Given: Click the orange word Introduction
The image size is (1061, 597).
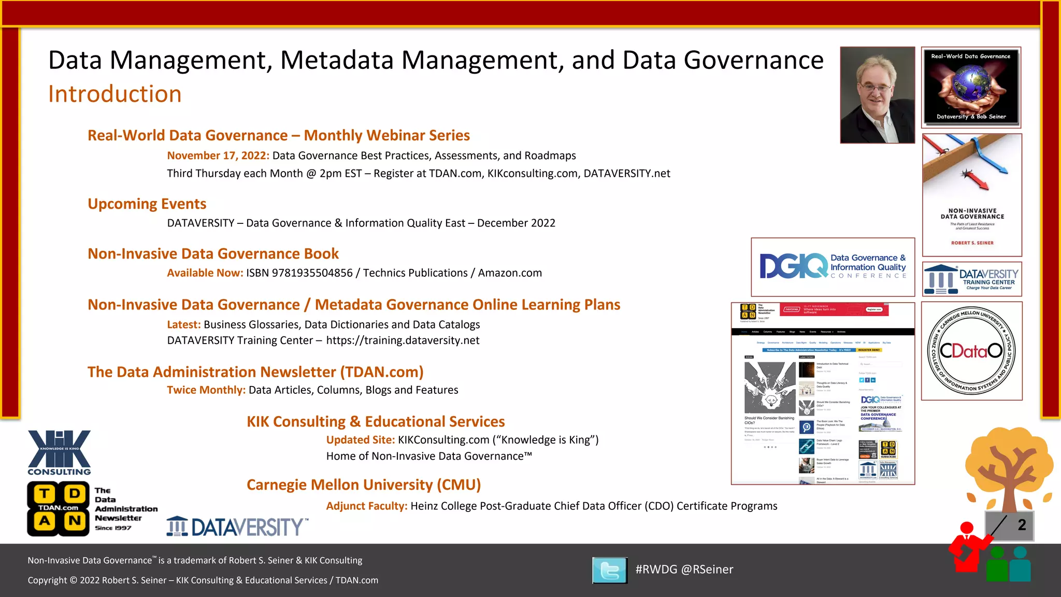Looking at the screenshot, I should point(114,94).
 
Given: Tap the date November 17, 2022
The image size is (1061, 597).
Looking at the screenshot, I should point(218,155).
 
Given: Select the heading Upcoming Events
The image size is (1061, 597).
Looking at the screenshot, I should point(147,204).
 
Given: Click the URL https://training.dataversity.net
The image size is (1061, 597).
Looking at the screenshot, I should point(403,340).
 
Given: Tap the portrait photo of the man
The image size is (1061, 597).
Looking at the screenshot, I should point(877,95).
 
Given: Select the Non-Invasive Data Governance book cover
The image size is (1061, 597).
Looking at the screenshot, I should point(972,195).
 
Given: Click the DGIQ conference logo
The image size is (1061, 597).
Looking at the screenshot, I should point(833,267).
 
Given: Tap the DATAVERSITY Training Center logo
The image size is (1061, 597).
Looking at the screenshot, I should point(972,279).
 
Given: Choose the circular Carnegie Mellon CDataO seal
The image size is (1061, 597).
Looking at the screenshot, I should point(971,351).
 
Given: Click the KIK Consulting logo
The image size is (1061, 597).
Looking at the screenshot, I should point(59,452).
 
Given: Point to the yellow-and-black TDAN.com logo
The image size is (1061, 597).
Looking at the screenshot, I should point(58,508).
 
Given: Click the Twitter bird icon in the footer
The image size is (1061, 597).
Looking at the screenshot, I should point(610,570).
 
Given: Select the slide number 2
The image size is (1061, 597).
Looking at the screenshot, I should point(1022,525).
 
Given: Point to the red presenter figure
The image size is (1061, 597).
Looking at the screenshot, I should point(967,549).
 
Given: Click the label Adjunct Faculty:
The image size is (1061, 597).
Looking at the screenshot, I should point(366,506).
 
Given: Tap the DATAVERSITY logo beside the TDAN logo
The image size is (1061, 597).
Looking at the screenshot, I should point(237,527).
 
